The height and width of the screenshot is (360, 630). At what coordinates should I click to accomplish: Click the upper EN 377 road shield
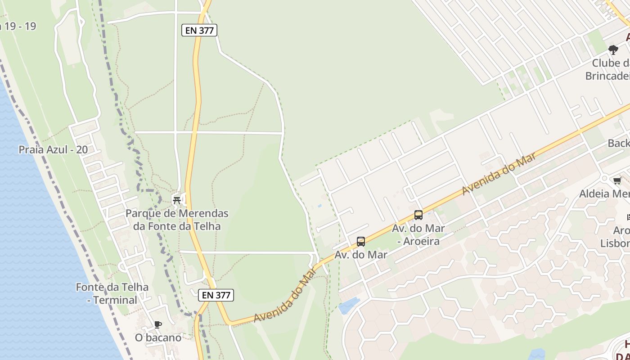(199, 30)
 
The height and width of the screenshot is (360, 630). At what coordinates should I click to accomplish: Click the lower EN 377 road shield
(216, 295)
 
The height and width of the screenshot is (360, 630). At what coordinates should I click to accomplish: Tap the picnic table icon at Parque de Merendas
(177, 200)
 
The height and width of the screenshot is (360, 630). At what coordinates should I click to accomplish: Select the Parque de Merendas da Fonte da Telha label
(177, 220)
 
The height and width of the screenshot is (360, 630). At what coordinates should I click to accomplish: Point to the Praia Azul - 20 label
(53, 150)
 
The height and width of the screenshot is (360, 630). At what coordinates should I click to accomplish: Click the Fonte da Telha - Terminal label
(112, 293)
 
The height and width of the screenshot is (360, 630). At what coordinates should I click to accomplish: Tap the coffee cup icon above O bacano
(157, 324)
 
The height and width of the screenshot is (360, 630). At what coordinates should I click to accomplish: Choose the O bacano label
(158, 337)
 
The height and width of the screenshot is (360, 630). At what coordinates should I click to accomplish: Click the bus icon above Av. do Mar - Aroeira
(418, 215)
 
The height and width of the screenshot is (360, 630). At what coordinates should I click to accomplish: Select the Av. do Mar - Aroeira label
(418, 235)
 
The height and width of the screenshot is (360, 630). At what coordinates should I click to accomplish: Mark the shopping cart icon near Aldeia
(617, 180)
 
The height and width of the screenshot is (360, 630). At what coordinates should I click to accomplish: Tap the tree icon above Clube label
(613, 49)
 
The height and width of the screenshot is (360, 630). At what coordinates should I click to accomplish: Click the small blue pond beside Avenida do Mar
(348, 306)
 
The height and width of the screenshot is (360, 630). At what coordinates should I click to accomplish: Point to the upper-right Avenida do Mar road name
(499, 174)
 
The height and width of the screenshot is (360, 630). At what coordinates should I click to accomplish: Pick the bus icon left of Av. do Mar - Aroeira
(360, 242)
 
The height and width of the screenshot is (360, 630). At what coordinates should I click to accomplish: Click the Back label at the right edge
(618, 143)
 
